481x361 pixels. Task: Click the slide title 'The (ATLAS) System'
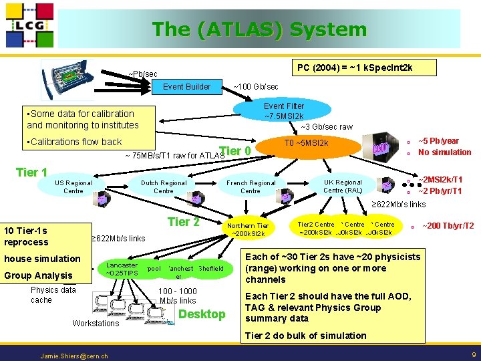(x=259, y=29)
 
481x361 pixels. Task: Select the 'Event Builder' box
(x=186, y=86)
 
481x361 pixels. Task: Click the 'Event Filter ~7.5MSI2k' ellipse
(x=284, y=112)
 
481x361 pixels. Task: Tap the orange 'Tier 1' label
(x=31, y=172)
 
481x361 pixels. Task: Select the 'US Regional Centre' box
(x=73, y=187)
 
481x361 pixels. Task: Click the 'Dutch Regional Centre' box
(x=164, y=187)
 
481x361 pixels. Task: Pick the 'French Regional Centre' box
(x=251, y=187)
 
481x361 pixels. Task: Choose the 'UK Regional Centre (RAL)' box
(x=343, y=186)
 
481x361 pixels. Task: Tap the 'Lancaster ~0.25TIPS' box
(x=122, y=269)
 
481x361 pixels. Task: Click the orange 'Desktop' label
(x=202, y=314)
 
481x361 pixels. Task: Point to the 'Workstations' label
(x=96, y=324)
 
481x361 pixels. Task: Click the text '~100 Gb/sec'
(x=255, y=87)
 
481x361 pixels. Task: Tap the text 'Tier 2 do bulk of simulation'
(x=305, y=336)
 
